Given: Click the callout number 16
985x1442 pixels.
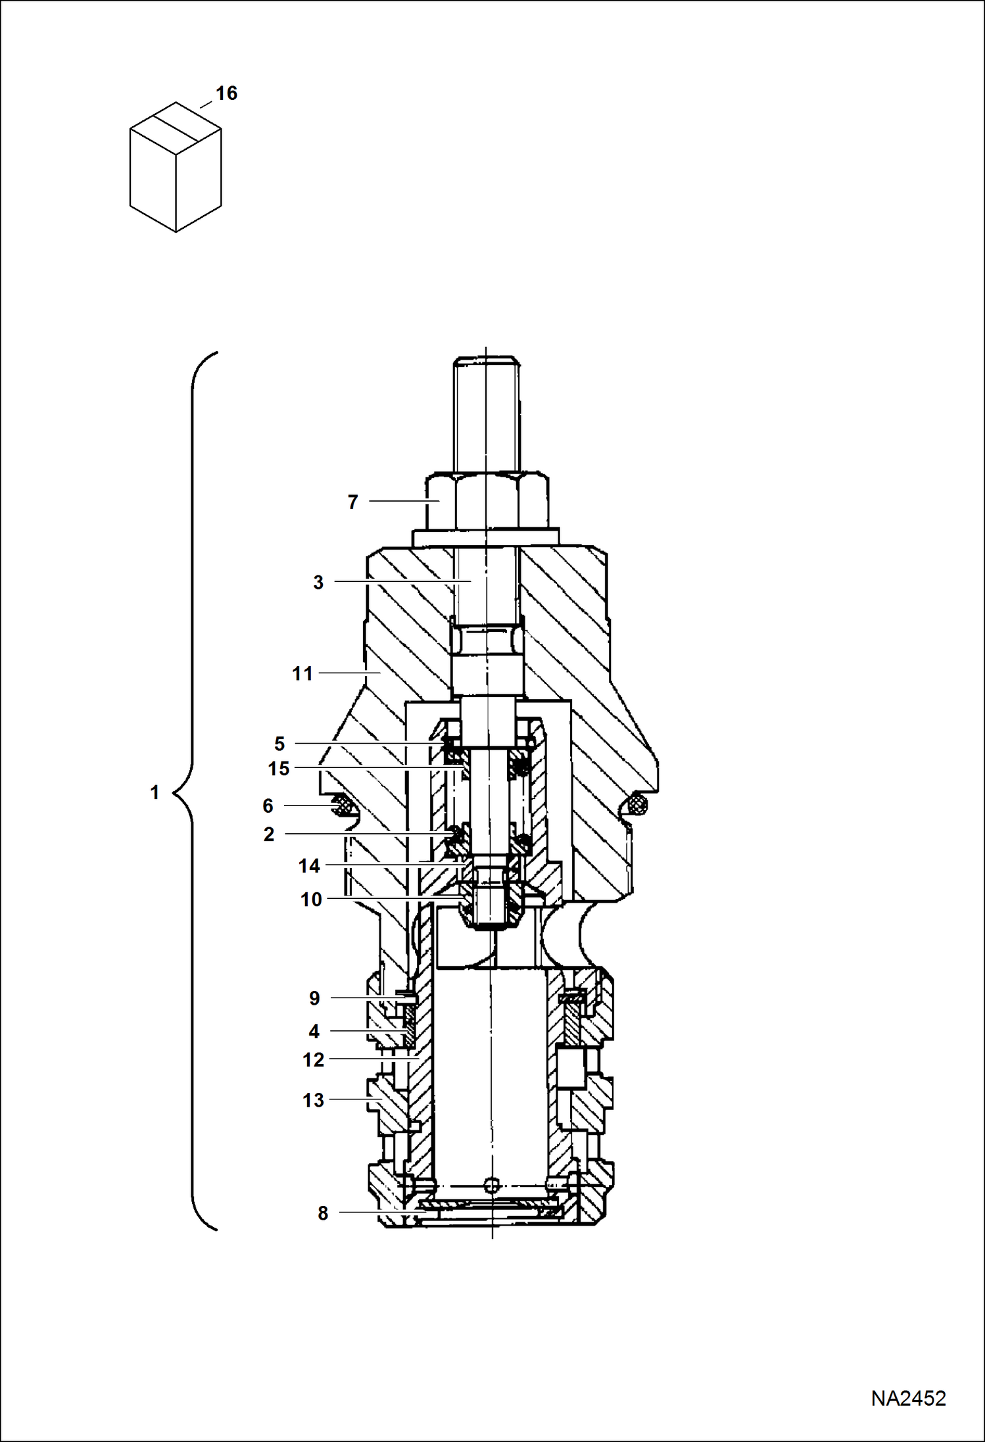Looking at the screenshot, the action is (226, 93).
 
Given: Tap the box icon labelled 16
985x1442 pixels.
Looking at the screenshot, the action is (176, 167).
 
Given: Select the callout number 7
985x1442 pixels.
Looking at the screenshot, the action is (352, 502).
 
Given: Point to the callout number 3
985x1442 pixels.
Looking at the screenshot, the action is (318, 583).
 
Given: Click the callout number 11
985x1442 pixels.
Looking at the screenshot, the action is (302, 674).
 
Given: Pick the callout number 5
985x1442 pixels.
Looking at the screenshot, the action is (279, 744).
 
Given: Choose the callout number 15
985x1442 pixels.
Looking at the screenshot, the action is (279, 769).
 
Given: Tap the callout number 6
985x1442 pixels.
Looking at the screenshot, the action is (268, 806).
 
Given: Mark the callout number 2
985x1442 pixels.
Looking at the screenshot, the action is (269, 834).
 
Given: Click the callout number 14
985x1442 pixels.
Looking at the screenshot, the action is (309, 867).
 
